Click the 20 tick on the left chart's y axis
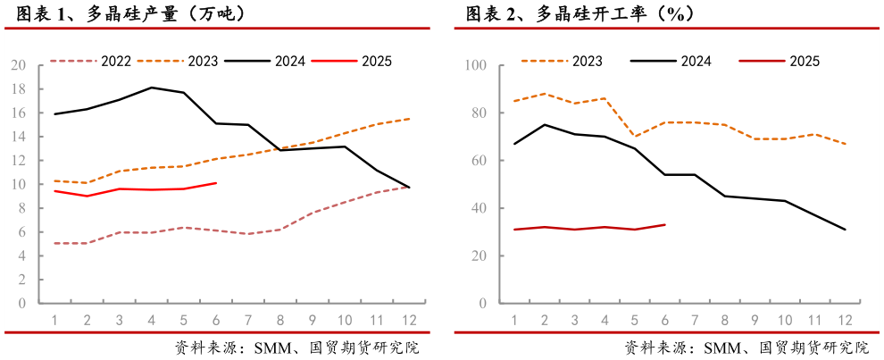click(x=19, y=65)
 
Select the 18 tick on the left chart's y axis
click(x=19, y=89)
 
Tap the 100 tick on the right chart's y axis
click(x=474, y=66)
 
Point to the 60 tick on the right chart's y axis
click(x=478, y=161)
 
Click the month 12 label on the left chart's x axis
click(x=409, y=320)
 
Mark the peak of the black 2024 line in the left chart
click(x=152, y=88)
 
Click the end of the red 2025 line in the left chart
click(x=216, y=183)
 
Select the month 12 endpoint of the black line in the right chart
click(x=845, y=230)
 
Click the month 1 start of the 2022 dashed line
click(x=55, y=243)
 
